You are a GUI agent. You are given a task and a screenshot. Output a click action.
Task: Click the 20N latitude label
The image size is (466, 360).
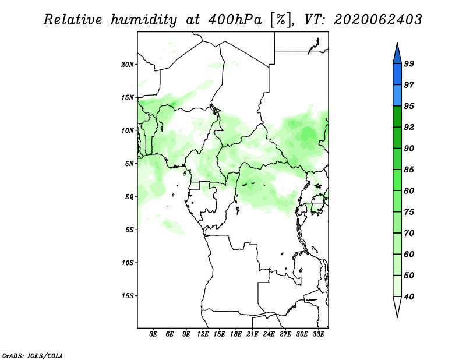pyautogui.click(x=128, y=65)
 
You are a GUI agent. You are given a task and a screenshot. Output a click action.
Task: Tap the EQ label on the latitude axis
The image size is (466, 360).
pyautogui.click(x=129, y=197)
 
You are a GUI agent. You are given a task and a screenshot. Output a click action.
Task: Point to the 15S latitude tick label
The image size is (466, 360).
pyautogui.click(x=128, y=296)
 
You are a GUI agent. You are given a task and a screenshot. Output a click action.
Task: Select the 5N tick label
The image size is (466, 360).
pyautogui.click(x=129, y=164)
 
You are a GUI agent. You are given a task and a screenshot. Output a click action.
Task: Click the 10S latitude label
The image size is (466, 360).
pyautogui.click(x=128, y=263)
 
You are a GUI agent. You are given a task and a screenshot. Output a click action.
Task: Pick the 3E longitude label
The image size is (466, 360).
pyautogui.click(x=153, y=334)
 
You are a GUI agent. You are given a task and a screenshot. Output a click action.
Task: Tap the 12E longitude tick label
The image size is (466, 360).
pyautogui.click(x=203, y=334)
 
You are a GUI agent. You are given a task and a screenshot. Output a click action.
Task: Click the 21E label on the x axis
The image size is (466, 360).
pyautogui.click(x=252, y=334)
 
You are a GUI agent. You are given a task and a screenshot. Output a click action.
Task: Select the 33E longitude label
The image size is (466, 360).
pyautogui.click(x=318, y=334)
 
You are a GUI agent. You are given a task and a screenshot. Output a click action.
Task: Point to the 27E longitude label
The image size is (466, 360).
pyautogui.click(x=285, y=334)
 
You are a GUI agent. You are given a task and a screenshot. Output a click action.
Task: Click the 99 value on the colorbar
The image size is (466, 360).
pyautogui.click(x=409, y=63)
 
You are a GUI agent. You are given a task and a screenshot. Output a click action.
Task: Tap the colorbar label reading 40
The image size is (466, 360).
pyautogui.click(x=409, y=297)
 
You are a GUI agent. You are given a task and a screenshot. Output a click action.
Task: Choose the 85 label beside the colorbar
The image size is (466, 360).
pyautogui.click(x=409, y=170)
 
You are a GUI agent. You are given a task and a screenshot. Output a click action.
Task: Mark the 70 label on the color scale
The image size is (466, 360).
pyautogui.click(x=409, y=233)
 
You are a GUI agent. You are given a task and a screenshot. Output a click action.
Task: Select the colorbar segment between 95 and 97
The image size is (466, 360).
pyautogui.click(x=397, y=96)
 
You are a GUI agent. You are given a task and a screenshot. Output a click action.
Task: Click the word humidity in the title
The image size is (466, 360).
pyautogui.click(x=144, y=20)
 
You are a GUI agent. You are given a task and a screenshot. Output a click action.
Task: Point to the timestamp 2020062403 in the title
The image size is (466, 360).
pyautogui.click(x=377, y=20)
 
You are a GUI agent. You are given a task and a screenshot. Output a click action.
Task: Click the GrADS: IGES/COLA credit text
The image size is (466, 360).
pyautogui.click(x=33, y=355)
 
